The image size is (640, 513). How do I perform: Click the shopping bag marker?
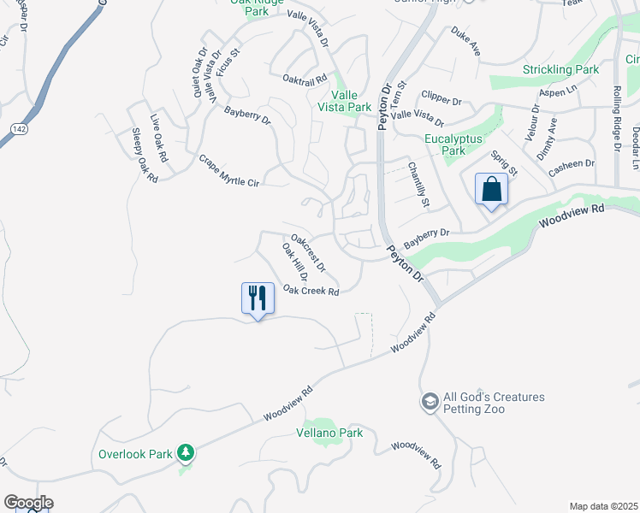point(492,190)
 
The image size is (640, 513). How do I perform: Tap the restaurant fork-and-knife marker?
point(258,298)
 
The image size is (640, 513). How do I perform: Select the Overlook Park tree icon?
point(185,452)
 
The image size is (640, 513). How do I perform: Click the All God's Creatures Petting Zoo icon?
point(430,401)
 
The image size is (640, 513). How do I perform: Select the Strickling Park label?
point(561,68)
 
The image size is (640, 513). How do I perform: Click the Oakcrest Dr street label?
point(308,254)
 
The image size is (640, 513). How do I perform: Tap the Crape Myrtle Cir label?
point(228,170)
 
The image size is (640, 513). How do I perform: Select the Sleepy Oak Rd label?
point(145,155)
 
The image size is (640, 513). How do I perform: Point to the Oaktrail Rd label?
point(305,79)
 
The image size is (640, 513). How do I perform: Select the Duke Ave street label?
point(466,43)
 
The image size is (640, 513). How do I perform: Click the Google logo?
point(28,503)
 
